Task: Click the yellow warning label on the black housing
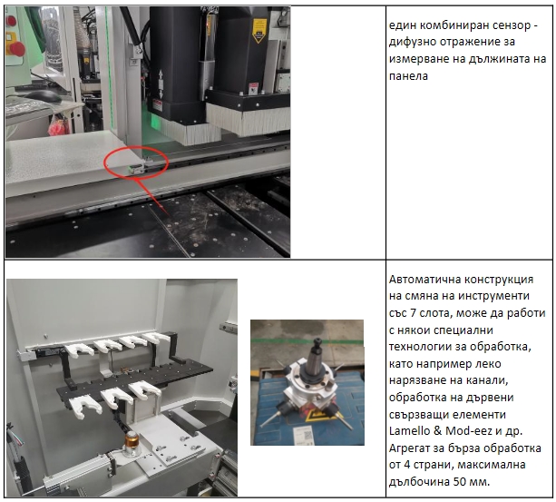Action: [259, 31]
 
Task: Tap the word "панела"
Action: [408, 75]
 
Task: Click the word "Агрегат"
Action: [410, 448]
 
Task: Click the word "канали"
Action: [490, 380]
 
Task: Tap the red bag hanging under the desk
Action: [57, 127]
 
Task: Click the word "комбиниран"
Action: [446, 25]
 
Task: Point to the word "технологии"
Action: [423, 347]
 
